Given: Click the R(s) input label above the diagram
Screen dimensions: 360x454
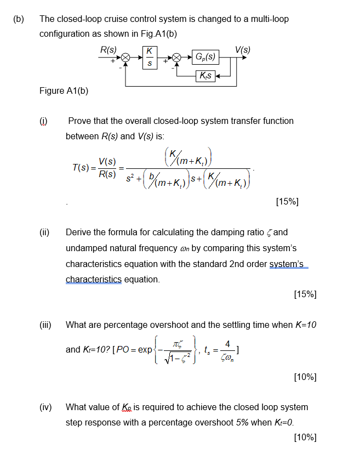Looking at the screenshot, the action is [x=108, y=48].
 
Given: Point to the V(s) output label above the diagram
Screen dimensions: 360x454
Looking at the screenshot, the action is [x=242, y=48].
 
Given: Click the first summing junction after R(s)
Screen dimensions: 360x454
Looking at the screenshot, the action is [x=125, y=58].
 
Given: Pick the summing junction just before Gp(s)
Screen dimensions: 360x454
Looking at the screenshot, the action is [x=177, y=58].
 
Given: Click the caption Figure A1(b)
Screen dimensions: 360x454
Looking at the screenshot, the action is [x=64, y=91].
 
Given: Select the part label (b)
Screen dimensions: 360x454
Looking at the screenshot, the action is [x=19, y=19].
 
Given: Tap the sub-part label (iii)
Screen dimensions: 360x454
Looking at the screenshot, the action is [x=45, y=325].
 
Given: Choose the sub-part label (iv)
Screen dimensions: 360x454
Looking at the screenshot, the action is [x=45, y=407].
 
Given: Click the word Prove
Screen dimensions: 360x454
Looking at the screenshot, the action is [x=79, y=121].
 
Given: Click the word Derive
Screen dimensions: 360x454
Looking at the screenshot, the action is [x=79, y=232].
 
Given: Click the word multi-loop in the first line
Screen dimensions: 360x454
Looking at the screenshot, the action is [x=268, y=19].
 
